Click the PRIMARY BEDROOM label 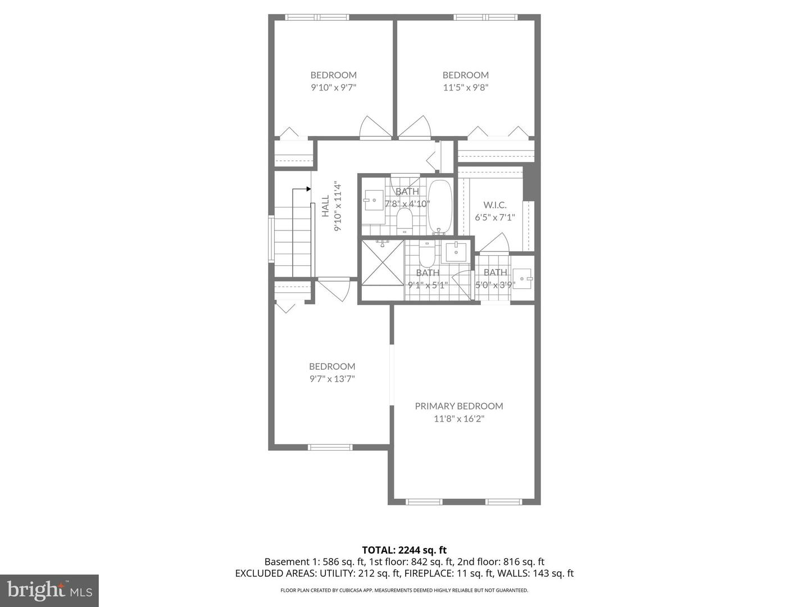[x=458, y=406]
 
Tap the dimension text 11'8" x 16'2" [x=458, y=419]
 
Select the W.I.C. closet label [x=494, y=205]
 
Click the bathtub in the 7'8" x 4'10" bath [x=439, y=206]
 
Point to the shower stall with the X [x=382, y=262]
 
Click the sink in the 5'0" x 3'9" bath [x=524, y=278]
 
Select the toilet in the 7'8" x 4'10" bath [x=404, y=221]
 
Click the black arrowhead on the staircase [x=308, y=189]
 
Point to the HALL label [x=326, y=206]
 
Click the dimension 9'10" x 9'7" [x=333, y=87]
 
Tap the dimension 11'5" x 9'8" [x=465, y=87]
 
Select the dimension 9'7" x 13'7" [x=332, y=379]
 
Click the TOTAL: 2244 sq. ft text [x=404, y=550]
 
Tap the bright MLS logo [x=49, y=590]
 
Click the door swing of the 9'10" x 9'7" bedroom [x=374, y=127]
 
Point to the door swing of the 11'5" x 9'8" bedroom [x=416, y=127]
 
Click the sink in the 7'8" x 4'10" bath [x=372, y=200]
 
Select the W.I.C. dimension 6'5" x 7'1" [x=494, y=218]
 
